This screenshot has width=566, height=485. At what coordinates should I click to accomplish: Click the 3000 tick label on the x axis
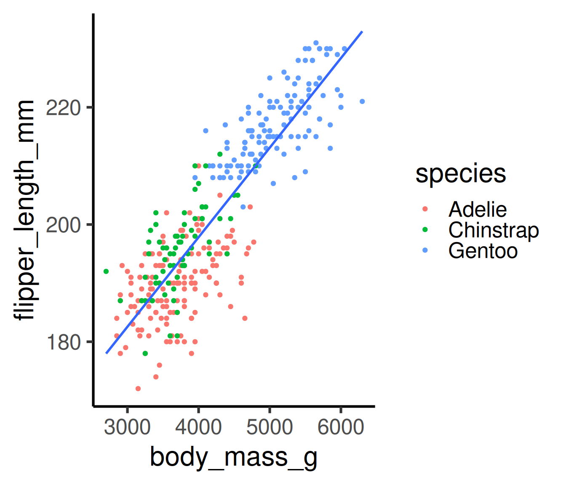pyautogui.click(x=127, y=427)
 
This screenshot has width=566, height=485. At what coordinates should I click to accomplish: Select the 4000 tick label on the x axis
pyautogui.click(x=198, y=427)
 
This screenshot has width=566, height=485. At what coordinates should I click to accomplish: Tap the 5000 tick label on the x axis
pyautogui.click(x=270, y=427)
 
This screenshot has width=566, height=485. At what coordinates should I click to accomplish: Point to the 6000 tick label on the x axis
pyautogui.click(x=340, y=427)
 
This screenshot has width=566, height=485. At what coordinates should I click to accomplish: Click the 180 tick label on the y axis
pyautogui.click(x=63, y=342)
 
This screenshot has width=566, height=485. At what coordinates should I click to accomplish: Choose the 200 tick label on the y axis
pyautogui.click(x=63, y=225)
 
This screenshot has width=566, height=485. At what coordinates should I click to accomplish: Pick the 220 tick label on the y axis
pyautogui.click(x=63, y=108)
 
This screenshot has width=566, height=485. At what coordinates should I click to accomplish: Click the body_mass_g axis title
pyautogui.click(x=233, y=458)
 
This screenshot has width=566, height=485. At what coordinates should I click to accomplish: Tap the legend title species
pyautogui.click(x=460, y=173)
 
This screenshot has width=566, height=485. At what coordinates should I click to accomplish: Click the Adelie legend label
pyautogui.click(x=477, y=209)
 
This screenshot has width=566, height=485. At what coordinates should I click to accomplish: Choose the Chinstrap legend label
pyautogui.click(x=493, y=230)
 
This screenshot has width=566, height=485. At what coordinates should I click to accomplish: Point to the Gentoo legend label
pyautogui.click(x=483, y=250)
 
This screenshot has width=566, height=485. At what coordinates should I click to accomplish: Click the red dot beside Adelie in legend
pyautogui.click(x=424, y=209)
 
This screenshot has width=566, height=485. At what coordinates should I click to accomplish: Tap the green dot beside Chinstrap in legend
pyautogui.click(x=424, y=229)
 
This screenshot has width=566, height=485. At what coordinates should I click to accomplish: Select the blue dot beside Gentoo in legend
pyautogui.click(x=424, y=250)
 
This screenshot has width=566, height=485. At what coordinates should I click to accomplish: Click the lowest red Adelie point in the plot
pyautogui.click(x=138, y=389)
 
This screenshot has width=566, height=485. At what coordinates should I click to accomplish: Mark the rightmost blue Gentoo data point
pyautogui.click(x=362, y=101)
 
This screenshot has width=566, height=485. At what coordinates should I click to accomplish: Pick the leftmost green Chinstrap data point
pyautogui.click(x=106, y=272)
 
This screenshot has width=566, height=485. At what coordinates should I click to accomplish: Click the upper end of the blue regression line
pyautogui.click(x=362, y=32)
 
